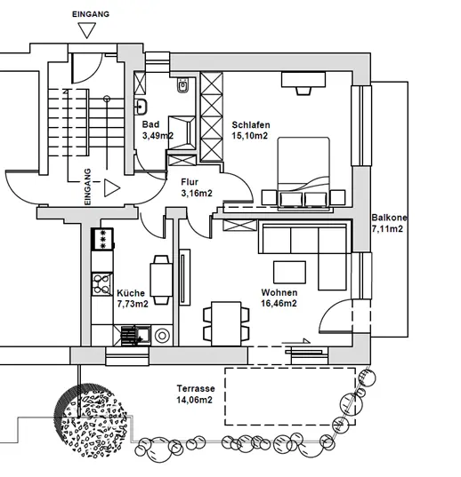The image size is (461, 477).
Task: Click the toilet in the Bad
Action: (182, 85)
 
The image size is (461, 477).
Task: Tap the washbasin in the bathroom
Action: (141, 107)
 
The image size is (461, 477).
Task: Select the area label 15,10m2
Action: (249, 136)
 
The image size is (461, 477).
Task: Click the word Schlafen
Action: (250, 124)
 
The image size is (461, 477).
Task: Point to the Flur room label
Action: (190, 182)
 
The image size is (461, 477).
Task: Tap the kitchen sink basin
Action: (143, 335)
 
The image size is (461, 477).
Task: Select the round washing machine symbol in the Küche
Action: (162, 336)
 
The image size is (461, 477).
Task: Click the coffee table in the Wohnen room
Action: (289, 273)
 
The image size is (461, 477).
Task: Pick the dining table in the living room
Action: (226, 323)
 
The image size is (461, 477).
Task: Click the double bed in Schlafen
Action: (303, 173)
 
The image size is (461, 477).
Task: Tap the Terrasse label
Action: (196, 388)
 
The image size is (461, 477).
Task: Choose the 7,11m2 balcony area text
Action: (387, 229)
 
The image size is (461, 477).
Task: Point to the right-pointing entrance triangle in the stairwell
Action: (112, 188)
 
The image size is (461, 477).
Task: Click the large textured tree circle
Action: (91, 421)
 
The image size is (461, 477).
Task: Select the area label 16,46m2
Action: (279, 303)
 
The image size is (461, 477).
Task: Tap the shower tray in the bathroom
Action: (182, 132)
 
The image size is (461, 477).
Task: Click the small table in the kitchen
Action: (161, 280)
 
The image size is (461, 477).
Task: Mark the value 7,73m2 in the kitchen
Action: (133, 304)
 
